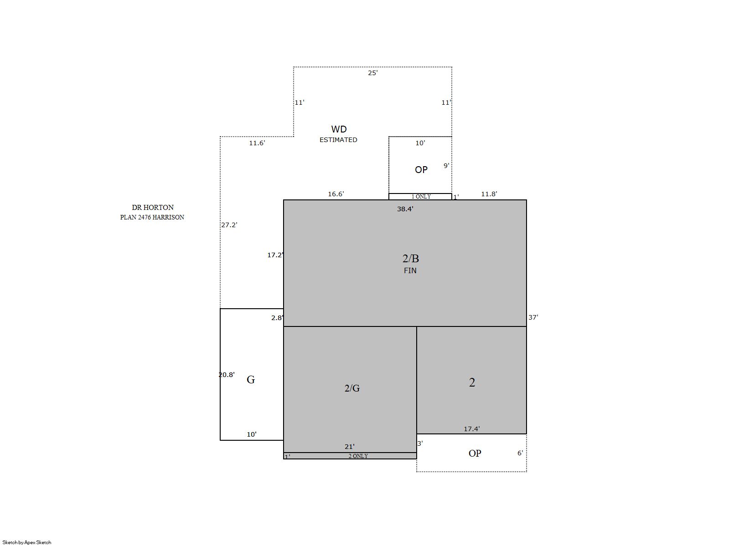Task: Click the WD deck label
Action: coord(339,129)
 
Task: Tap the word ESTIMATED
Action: coord(338,140)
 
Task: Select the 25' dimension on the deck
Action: coord(372,73)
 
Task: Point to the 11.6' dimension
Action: coord(257,143)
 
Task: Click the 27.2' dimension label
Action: coord(229,225)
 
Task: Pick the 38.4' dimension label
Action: coord(405,209)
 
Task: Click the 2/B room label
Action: coord(411,259)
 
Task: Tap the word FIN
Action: coord(410,270)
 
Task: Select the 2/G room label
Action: coord(352,388)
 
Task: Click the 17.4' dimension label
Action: coord(472,429)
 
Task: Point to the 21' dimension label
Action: coord(349,447)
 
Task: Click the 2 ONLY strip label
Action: coord(358,456)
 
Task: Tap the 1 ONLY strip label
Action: coord(421,197)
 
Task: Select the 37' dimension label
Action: coord(533,317)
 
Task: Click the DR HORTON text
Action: coord(153,207)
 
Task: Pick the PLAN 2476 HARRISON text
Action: coord(152,217)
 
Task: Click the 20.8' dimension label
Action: coord(227,375)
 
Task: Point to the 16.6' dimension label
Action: coord(336,194)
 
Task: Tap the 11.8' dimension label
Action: coord(489,194)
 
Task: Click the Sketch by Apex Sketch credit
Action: coord(27,542)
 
